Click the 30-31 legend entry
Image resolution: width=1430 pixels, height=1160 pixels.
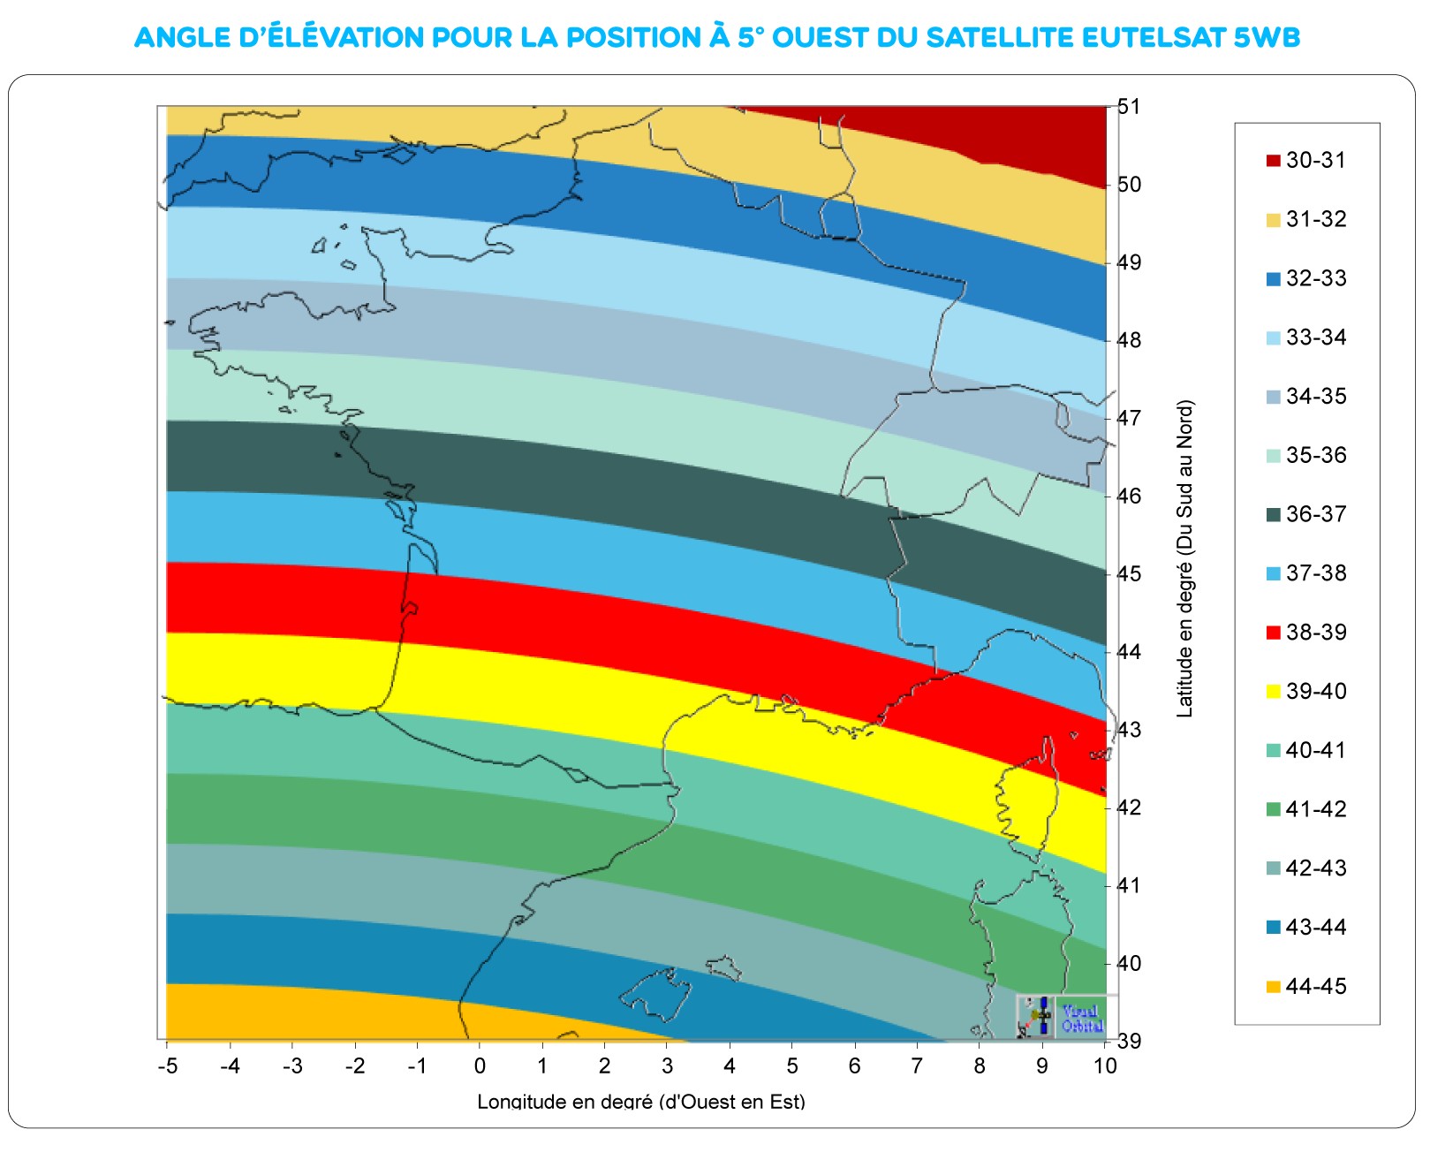1306,160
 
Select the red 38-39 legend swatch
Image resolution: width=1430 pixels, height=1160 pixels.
1274,633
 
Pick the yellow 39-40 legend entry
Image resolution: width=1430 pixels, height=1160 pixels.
1306,691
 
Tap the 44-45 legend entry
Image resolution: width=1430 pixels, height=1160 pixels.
1306,986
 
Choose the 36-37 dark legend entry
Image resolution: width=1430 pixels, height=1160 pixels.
1306,514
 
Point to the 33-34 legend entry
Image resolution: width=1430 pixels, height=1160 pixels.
1306,337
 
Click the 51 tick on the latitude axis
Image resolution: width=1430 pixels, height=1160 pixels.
1129,107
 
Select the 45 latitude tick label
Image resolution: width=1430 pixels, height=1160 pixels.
1129,574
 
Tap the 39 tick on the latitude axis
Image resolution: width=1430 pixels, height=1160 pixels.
1129,1041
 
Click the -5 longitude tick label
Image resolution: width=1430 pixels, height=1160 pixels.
167,1066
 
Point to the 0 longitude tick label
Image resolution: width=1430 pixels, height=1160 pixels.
480,1066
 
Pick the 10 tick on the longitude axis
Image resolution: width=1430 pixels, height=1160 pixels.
1105,1066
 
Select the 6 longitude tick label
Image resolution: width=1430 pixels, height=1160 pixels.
854,1066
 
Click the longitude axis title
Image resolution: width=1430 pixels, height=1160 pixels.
641,1102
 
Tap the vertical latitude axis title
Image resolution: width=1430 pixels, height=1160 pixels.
1185,558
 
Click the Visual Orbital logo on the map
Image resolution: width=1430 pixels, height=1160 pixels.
1061,1017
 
